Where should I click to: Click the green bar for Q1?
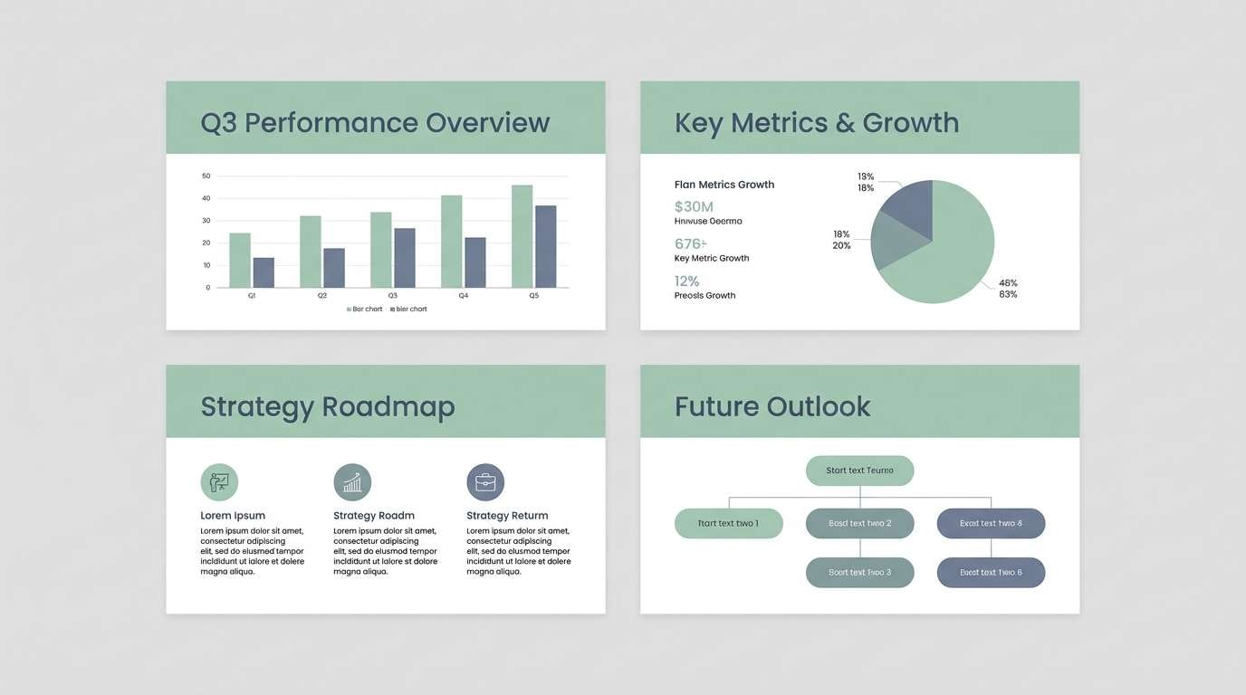tap(240, 261)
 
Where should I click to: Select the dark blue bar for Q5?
tap(545, 246)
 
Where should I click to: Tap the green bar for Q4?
tap(451, 242)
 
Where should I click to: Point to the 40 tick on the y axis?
tap(206, 198)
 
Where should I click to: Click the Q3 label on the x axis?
tap(392, 296)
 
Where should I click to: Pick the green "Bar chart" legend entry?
tap(365, 309)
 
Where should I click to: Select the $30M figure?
tap(694, 206)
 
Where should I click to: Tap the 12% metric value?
tap(687, 281)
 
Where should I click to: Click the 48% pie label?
tap(1008, 282)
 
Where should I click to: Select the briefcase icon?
tap(485, 482)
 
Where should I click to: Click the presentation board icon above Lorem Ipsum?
tap(219, 482)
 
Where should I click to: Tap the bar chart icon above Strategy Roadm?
tap(352, 482)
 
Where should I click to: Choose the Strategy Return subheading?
tap(507, 516)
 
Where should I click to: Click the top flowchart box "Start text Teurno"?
tap(859, 471)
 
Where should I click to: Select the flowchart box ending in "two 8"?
tap(991, 523)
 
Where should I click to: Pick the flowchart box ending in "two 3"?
tap(859, 572)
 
